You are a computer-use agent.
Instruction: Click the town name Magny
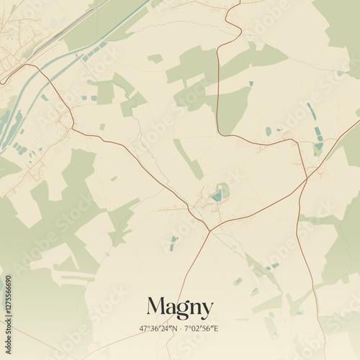(180, 308)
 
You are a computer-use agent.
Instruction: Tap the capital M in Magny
(157, 307)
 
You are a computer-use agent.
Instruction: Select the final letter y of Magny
(207, 310)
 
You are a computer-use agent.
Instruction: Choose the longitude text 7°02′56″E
(202, 328)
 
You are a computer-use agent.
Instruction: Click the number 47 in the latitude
(143, 328)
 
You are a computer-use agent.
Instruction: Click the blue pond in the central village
(217, 195)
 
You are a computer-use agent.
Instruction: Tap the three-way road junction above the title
(210, 231)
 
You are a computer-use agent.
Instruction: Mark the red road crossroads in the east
(307, 177)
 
